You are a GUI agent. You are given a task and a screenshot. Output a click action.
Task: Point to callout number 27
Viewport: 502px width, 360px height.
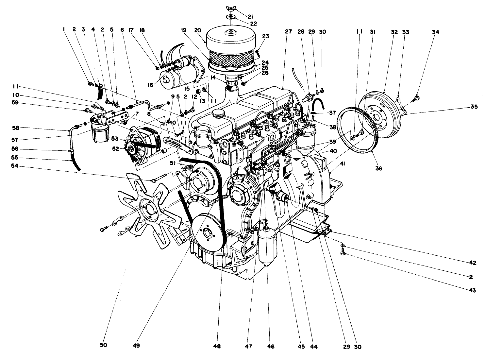(288, 32)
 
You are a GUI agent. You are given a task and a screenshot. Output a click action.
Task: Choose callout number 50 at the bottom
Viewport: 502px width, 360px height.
(104, 345)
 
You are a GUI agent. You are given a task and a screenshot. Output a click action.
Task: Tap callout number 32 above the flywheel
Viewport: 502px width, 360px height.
(394, 32)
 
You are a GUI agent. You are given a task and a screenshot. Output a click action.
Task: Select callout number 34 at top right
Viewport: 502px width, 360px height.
(436, 32)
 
